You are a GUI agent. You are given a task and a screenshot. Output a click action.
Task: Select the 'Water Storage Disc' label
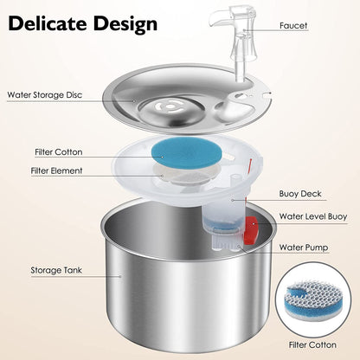pyautogui.click(x=46, y=94)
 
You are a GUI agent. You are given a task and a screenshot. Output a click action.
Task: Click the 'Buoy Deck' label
pyautogui.click(x=301, y=195)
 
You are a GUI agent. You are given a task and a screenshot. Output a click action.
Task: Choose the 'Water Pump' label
pyautogui.click(x=304, y=247)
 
